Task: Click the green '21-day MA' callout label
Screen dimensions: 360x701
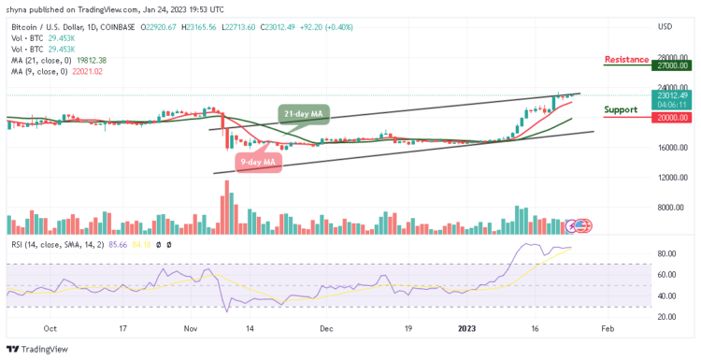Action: (x=303, y=113)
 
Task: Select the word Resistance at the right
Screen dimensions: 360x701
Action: (x=626, y=59)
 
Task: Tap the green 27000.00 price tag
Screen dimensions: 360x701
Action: (x=671, y=65)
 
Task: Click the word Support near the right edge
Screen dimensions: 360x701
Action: (x=622, y=109)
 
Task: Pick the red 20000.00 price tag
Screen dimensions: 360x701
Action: (x=671, y=117)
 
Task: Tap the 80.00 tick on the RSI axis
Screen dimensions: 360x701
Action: (x=667, y=253)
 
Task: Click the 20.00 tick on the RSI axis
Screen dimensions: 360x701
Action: (x=667, y=315)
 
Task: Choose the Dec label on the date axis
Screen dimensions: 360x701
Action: (x=326, y=328)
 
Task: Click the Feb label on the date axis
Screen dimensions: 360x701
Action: (x=607, y=328)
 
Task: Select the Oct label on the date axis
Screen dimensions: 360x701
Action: (x=50, y=328)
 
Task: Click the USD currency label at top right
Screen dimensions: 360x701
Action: (x=665, y=25)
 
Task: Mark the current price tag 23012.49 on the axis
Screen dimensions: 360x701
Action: (x=671, y=95)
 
